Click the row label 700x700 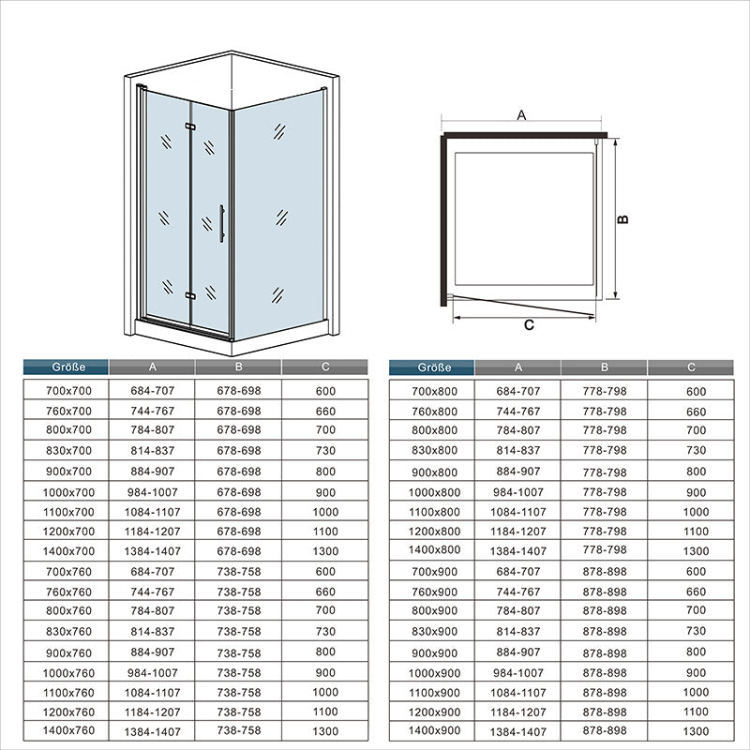coord(68,391)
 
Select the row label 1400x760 coord(68,730)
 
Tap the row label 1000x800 coord(434,492)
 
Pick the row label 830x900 coord(434,631)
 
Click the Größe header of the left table coord(68,367)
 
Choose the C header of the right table coord(691,367)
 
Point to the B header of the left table coord(239,367)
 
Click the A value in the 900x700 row coord(153,472)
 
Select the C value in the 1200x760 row coord(325,712)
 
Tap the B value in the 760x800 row coord(605,412)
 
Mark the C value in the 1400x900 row coord(696,731)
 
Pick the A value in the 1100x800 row coord(518,512)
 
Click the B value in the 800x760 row coord(239,611)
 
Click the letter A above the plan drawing coord(521,115)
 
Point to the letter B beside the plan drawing coord(622,219)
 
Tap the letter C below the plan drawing coord(529,324)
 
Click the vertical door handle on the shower coord(221,223)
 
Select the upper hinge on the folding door coord(190,127)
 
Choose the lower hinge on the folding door coord(190,295)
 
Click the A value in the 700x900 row coord(518,572)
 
